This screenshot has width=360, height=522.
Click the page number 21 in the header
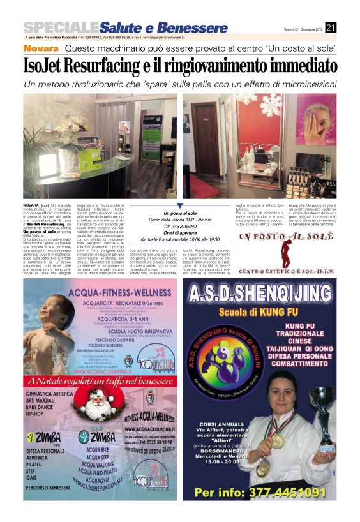[331, 27]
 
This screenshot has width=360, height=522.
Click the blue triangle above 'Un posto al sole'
[179, 205]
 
